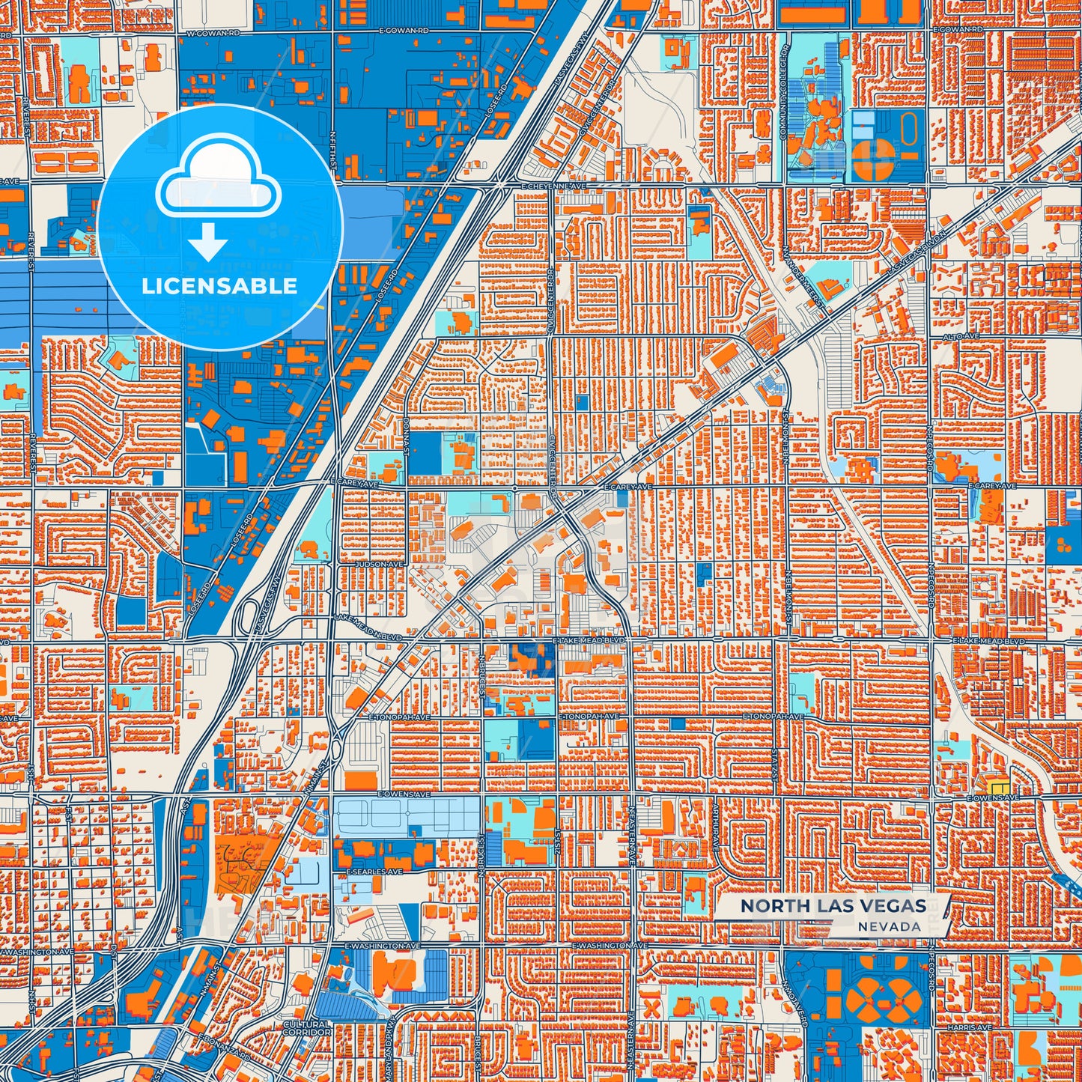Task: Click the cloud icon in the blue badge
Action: tap(219, 180)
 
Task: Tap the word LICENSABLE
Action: tap(219, 285)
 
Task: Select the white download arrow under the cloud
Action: tap(208, 240)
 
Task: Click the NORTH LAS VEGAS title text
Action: tap(833, 905)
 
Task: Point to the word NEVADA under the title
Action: tap(890, 926)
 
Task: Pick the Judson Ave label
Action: tap(381, 564)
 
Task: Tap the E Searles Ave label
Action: tap(374, 872)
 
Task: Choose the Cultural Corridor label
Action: tap(307, 1028)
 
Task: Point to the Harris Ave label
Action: tap(971, 1028)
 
